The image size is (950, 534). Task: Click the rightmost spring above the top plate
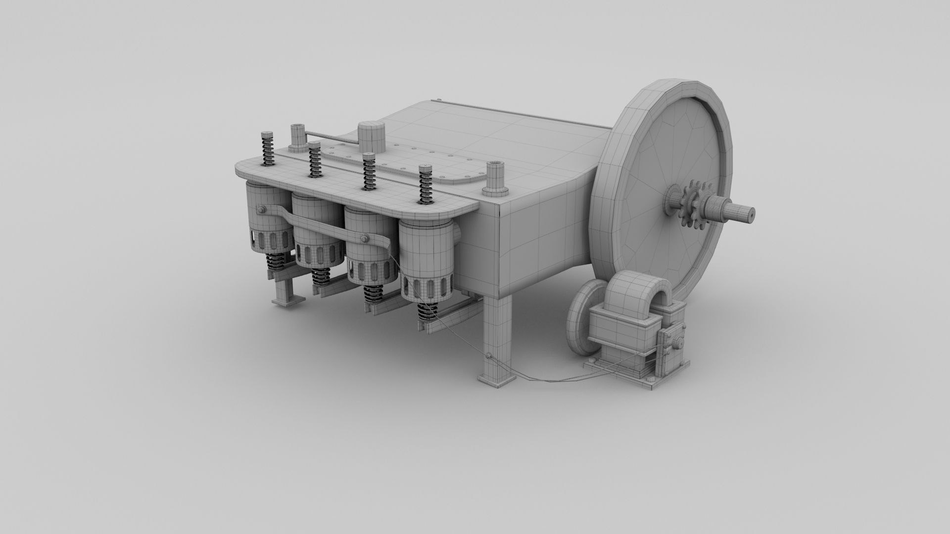tap(425, 185)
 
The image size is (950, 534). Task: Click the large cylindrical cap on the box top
tap(371, 137)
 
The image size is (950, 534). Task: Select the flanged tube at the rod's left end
tap(299, 137)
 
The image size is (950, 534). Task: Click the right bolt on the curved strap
tap(365, 239)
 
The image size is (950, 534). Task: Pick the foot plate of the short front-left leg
tap(287, 301)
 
